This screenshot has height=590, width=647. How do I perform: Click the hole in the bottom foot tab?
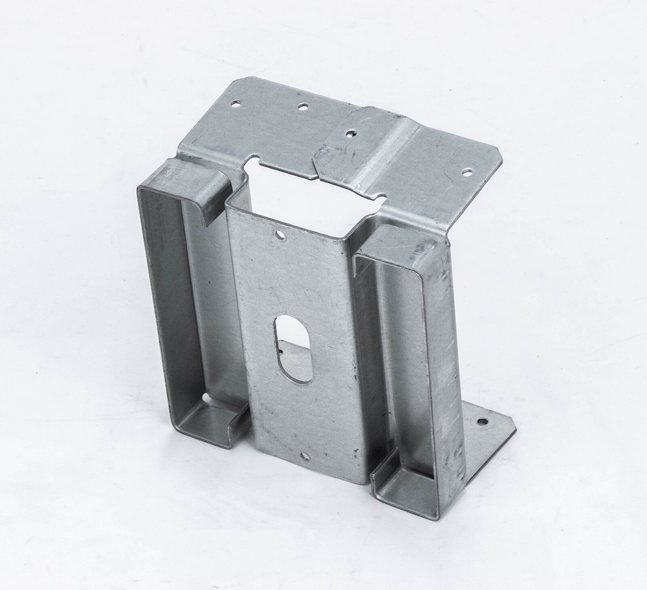pyautogui.click(x=482, y=422)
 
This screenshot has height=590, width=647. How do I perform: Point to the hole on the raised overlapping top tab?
pyautogui.click(x=350, y=133)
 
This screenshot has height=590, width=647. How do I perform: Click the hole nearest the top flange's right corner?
pyautogui.click(x=467, y=172)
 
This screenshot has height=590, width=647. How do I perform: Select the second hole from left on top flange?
pyautogui.click(x=302, y=106)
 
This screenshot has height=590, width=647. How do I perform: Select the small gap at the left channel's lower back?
pyautogui.click(x=205, y=397)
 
